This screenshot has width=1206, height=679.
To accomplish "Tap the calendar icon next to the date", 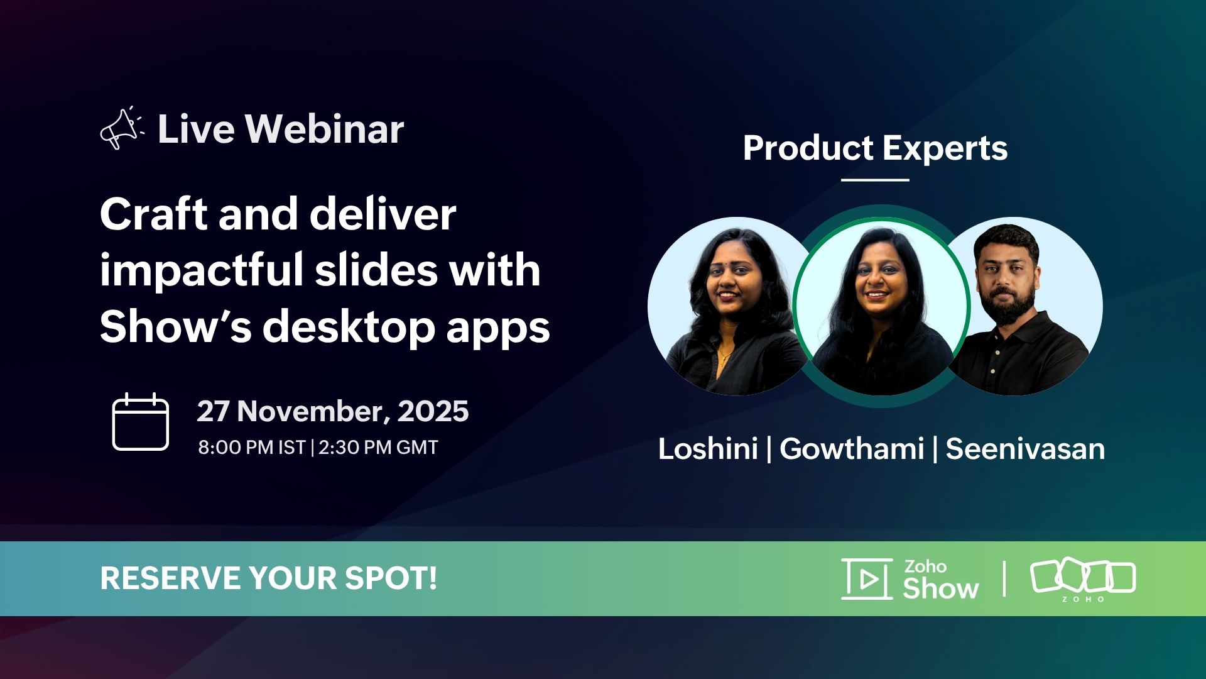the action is click(140, 422).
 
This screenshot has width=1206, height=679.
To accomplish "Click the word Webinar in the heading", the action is click(324, 129).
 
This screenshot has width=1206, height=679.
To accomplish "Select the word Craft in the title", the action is click(153, 214).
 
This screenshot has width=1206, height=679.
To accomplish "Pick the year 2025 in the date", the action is click(433, 411).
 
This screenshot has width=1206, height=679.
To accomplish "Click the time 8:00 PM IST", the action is click(252, 448).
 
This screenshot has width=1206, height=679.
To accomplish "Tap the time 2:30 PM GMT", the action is click(378, 448).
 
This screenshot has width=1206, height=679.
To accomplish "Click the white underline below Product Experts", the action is click(875, 180).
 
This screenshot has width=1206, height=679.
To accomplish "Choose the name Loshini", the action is click(708, 449).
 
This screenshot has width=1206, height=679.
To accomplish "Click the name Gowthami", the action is click(852, 449).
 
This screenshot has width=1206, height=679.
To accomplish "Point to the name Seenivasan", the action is click(1025, 449).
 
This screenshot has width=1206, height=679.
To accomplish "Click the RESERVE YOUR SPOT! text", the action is click(268, 578).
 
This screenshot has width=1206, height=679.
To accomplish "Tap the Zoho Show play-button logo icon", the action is click(867, 578).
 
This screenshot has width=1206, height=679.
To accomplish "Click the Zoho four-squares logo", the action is click(1083, 580).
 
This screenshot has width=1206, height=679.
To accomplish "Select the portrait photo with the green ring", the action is click(881, 306).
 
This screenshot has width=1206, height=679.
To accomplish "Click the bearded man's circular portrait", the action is click(1024, 306).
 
